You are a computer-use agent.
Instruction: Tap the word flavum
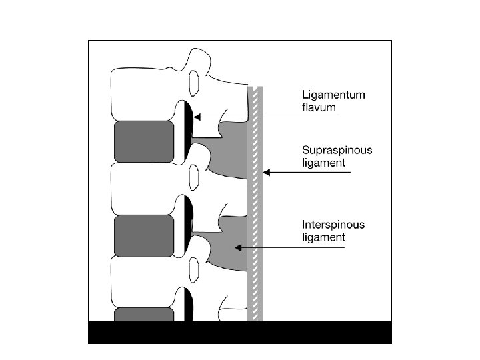316,107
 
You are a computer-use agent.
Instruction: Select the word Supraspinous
337,151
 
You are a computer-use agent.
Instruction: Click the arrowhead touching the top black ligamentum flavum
197,117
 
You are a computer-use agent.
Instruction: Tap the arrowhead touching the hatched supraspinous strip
265,173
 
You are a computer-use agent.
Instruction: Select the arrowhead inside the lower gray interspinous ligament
236,247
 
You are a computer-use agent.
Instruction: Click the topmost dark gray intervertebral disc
144,141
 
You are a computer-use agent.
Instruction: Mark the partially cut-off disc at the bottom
144,315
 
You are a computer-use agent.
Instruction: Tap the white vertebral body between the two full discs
147,188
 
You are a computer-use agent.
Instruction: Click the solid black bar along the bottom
240,332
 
